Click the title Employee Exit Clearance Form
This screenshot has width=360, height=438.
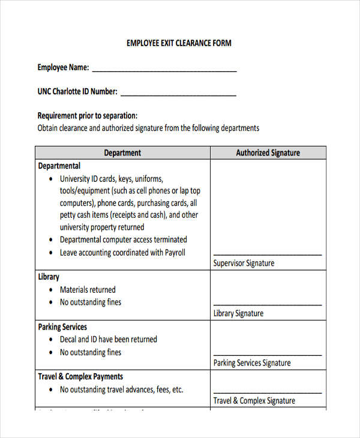tap(179, 43)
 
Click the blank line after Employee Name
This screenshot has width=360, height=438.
tap(164, 70)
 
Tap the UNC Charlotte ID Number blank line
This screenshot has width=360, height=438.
tap(178, 94)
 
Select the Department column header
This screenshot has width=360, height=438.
tap(122, 153)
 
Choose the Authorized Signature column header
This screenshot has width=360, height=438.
tap(268, 153)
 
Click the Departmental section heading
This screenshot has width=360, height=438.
tap(59, 166)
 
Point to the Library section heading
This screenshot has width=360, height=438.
tap(49, 277)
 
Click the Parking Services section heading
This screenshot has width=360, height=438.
tap(62, 327)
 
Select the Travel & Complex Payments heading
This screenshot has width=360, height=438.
tap(80, 377)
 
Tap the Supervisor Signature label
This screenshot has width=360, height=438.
tap(244, 263)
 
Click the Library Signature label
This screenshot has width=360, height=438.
tap(238, 313)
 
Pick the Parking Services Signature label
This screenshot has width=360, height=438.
tap(252, 363)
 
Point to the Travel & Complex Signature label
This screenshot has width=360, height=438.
tap(254, 401)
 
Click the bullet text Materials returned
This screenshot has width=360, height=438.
tap(88, 290)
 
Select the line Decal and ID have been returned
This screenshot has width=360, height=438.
tap(109, 340)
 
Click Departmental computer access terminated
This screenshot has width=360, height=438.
tap(124, 239)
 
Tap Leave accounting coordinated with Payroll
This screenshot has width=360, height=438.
tap(122, 253)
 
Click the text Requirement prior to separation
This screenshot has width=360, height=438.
tap(88, 116)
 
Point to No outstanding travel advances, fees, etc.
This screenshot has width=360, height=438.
tap(121, 389)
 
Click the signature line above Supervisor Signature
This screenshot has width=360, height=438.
tap(267, 254)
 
